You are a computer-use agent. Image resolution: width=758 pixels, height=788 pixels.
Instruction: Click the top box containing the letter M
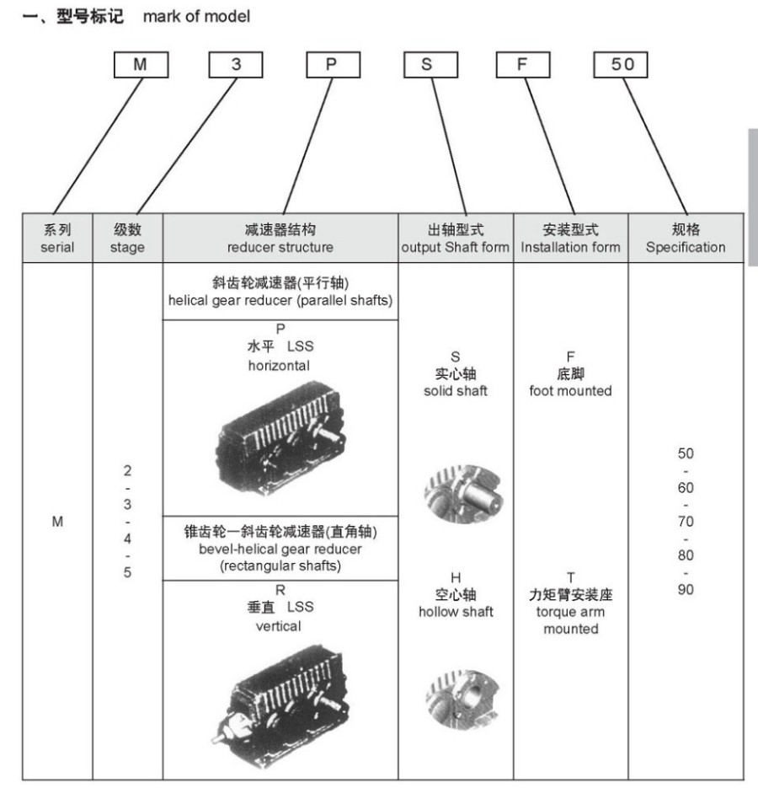tap(141, 64)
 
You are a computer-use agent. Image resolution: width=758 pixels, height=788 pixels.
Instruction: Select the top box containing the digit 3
tap(236, 64)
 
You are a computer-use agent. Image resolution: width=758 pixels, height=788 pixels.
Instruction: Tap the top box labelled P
tap(333, 64)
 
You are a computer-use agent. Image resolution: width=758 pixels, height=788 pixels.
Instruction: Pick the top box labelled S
tap(430, 64)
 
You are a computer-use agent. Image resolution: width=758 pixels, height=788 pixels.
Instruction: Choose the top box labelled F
tap(523, 64)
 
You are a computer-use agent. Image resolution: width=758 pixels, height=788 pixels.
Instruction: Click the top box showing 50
tap(621, 64)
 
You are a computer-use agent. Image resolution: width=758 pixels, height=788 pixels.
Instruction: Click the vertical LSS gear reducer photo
tap(280, 698)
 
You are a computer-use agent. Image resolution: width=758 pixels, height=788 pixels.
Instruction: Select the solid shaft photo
tap(463, 494)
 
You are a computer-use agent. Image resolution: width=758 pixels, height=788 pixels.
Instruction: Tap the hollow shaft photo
tap(462, 699)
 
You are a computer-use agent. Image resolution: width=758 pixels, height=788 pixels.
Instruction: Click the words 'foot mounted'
tap(571, 390)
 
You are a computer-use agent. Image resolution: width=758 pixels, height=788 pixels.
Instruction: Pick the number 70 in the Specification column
tap(686, 521)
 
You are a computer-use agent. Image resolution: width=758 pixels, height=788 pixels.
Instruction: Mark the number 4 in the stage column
tap(127, 539)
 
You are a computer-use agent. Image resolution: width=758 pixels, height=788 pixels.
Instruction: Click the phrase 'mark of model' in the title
tap(196, 17)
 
